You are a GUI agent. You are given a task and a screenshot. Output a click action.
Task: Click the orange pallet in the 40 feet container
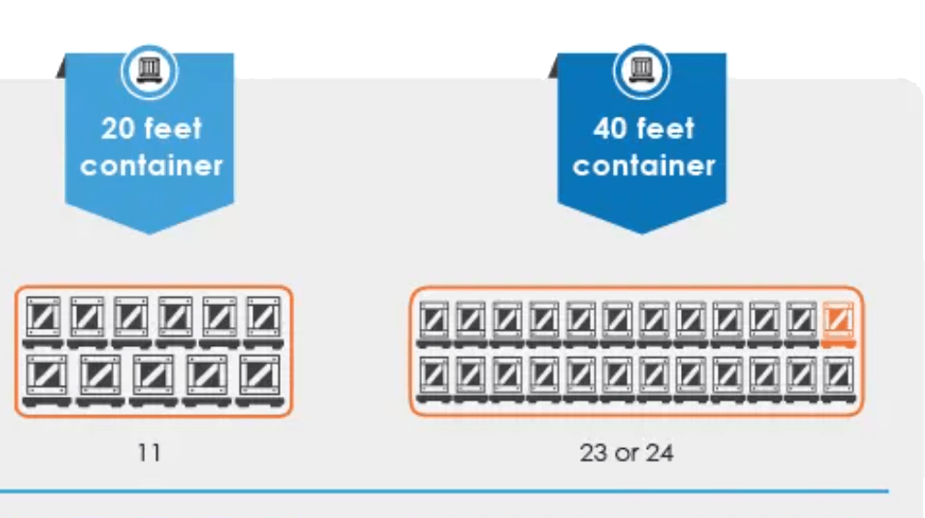(x=838, y=321)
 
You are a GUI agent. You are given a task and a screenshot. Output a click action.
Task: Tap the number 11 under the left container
(x=149, y=452)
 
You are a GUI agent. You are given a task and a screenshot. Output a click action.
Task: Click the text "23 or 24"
(x=626, y=452)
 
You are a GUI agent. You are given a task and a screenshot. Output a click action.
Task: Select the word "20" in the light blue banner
(x=119, y=129)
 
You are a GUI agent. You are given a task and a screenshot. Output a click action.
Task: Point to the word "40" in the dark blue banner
(x=610, y=129)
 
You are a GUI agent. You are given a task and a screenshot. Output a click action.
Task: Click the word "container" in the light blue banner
(x=151, y=165)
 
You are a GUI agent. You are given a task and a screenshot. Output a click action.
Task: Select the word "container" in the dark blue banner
(x=643, y=165)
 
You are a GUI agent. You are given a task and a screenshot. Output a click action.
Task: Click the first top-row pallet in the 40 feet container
(x=433, y=321)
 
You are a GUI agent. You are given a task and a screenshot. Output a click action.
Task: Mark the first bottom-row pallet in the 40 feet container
(x=433, y=377)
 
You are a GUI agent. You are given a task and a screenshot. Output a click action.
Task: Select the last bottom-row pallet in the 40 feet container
(x=838, y=377)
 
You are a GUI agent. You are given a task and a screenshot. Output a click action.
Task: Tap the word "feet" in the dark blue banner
(x=665, y=129)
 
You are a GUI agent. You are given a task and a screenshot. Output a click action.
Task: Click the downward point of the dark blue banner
(x=641, y=230)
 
